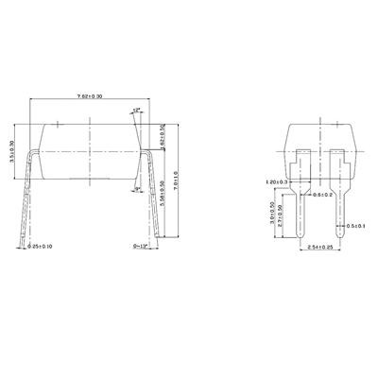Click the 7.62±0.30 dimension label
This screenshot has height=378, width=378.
(x=91, y=96)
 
